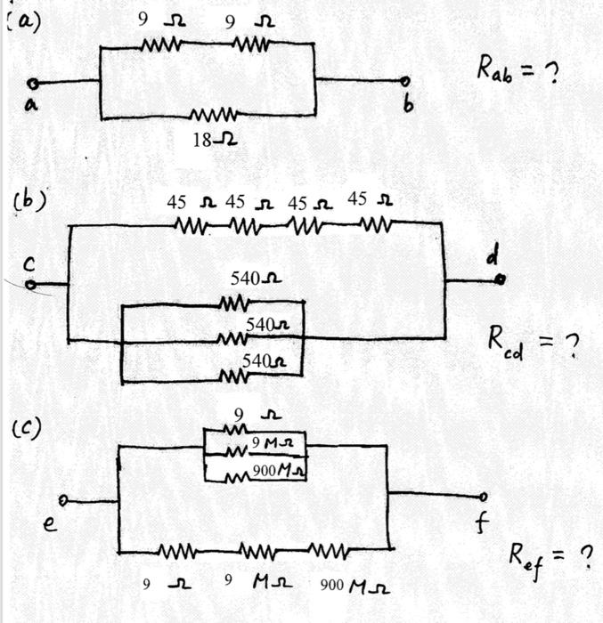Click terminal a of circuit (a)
(33, 84)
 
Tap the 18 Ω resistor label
(215, 139)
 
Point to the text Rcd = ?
(530, 340)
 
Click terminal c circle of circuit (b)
(31, 285)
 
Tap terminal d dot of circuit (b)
(500, 279)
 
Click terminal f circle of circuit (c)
(484, 496)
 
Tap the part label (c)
(27, 429)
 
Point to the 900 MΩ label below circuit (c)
(354, 587)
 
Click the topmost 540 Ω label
(257, 279)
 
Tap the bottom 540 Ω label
(267, 361)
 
